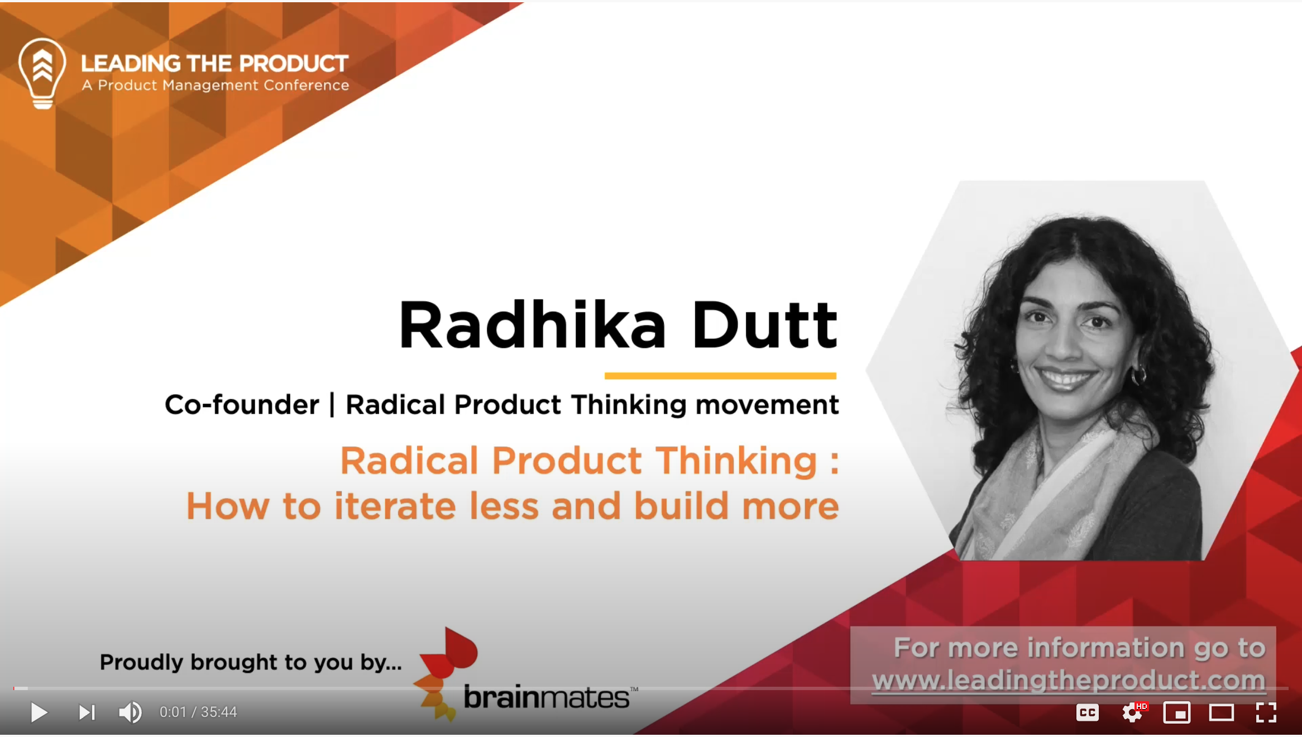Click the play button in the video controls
coord(39,712)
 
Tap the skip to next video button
coord(87,712)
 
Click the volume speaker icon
coord(130,712)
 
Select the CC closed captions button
coord(1087,712)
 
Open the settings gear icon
coord(1132,712)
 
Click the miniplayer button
coord(1176,712)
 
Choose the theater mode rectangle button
coord(1221,712)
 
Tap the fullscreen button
coord(1266,712)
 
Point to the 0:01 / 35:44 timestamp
coord(198,712)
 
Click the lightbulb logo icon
coord(42,73)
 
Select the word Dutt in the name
coord(765,326)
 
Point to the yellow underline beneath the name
coord(720,376)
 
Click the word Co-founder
coord(242,404)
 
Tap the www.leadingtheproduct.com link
coord(1068,681)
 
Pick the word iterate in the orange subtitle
coord(395,506)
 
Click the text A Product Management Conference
coord(216,85)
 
